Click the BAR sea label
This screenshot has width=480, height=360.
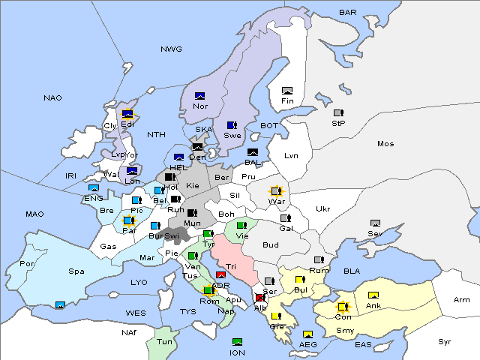point(347,13)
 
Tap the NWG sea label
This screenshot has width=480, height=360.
point(171,49)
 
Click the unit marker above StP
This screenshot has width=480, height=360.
point(338,113)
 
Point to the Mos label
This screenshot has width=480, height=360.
point(385,143)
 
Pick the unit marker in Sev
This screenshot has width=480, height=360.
point(375,223)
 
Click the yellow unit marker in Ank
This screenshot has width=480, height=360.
point(373,295)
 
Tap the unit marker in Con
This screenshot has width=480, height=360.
point(343,307)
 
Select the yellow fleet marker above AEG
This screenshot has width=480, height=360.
point(307,334)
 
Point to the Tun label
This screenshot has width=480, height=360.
point(163,341)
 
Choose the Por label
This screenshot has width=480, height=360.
point(28,264)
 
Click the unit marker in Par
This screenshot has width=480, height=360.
point(128,221)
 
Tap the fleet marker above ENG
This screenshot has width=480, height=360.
point(94,188)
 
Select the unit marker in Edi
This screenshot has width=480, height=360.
point(127,115)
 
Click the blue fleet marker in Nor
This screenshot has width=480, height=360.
point(200,96)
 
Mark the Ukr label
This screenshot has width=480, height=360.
point(322,209)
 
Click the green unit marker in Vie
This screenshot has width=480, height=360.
point(241,225)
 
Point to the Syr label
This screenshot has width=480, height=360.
point(445,341)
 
